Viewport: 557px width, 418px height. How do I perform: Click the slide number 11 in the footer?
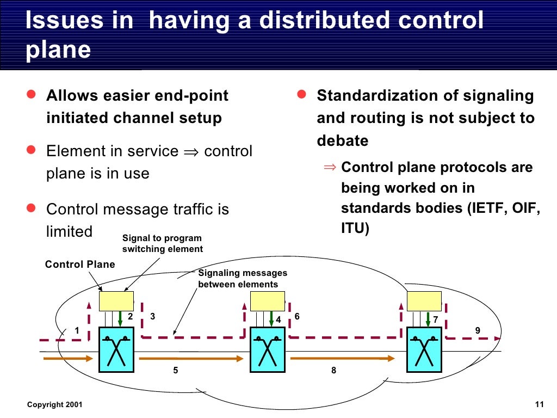pyautogui.click(x=539, y=404)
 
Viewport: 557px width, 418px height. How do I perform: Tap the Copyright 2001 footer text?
pyautogui.click(x=55, y=404)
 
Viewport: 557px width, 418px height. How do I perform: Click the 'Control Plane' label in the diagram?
pyautogui.click(x=80, y=265)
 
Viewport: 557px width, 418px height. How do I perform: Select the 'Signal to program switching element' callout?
pyautogui.click(x=162, y=243)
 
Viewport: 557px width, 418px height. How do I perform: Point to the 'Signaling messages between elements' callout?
pyautogui.click(x=242, y=279)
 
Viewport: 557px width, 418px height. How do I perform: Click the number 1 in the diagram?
pyautogui.click(x=77, y=330)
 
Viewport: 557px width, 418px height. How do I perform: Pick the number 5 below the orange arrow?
pyautogui.click(x=176, y=370)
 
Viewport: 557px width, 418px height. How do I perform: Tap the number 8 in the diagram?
pyautogui.click(x=333, y=370)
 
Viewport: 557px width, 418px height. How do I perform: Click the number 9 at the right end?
pyautogui.click(x=478, y=330)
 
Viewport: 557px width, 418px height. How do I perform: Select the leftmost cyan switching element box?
pyautogui.click(x=116, y=350)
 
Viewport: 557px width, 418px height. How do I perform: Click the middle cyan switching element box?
pyautogui.click(x=268, y=350)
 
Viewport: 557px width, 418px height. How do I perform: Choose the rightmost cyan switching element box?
pyautogui.click(x=424, y=350)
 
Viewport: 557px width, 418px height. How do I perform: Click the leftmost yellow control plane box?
pyautogui.click(x=116, y=301)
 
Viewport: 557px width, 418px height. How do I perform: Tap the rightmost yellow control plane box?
pyautogui.click(x=424, y=301)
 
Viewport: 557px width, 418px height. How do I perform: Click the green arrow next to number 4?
pyautogui.click(x=271, y=318)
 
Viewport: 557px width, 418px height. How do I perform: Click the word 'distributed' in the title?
pyautogui.click(x=325, y=21)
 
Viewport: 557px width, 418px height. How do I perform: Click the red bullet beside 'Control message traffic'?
pyautogui.click(x=32, y=208)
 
